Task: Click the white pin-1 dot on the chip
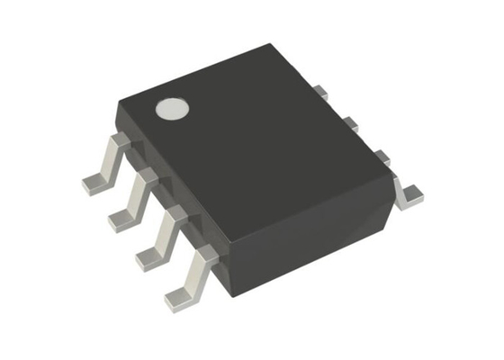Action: (171, 109)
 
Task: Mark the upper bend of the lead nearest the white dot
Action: (114, 142)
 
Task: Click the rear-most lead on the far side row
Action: (319, 90)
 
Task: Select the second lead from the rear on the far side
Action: (351, 122)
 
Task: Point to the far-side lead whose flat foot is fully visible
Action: (409, 192)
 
